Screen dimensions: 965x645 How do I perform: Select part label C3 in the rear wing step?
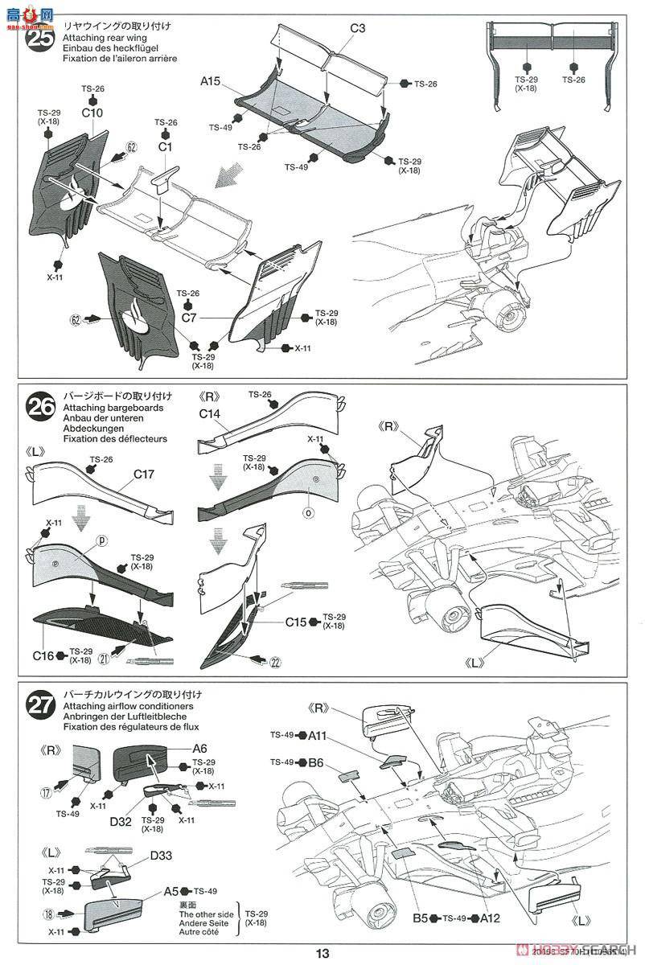point(357,29)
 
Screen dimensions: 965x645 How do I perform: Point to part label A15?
point(211,80)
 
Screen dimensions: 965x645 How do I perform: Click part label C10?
point(92,113)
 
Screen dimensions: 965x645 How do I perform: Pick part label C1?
point(166,148)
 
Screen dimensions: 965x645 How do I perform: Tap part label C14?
point(211,415)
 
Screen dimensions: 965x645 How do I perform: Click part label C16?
point(43,655)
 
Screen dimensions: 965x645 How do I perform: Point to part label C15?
point(295,622)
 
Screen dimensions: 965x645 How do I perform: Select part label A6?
point(199,748)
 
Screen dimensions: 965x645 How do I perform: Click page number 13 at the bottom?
point(322,954)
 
